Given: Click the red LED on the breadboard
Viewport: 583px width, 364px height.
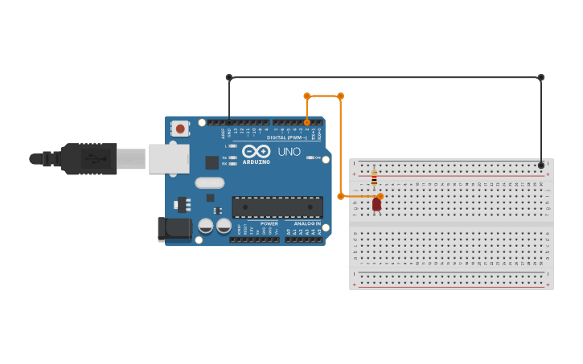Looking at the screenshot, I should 376,204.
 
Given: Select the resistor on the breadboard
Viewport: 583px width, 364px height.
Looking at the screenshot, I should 374,178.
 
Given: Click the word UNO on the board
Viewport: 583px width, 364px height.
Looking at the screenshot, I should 289,152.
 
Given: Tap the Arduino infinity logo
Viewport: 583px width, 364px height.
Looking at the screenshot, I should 257,151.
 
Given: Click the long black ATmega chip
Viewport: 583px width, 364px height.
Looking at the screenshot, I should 277,207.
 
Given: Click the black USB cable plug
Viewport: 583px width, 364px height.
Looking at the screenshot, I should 89,159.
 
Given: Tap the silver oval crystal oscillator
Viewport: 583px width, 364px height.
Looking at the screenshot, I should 209,183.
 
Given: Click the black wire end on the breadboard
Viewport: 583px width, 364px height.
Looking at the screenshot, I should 541,165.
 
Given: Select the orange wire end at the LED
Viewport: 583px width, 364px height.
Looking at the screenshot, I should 380,196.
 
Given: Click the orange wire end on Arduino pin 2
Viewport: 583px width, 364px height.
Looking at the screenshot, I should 307,122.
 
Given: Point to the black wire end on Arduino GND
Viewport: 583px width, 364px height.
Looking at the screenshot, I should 229,122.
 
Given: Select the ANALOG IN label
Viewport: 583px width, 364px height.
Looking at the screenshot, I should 306,223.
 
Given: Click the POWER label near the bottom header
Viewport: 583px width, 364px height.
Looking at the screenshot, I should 269,223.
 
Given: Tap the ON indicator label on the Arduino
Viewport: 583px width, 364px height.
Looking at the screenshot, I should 318,157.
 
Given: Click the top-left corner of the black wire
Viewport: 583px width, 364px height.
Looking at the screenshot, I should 229,77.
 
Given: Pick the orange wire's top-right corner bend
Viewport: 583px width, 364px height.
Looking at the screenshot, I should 340,96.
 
